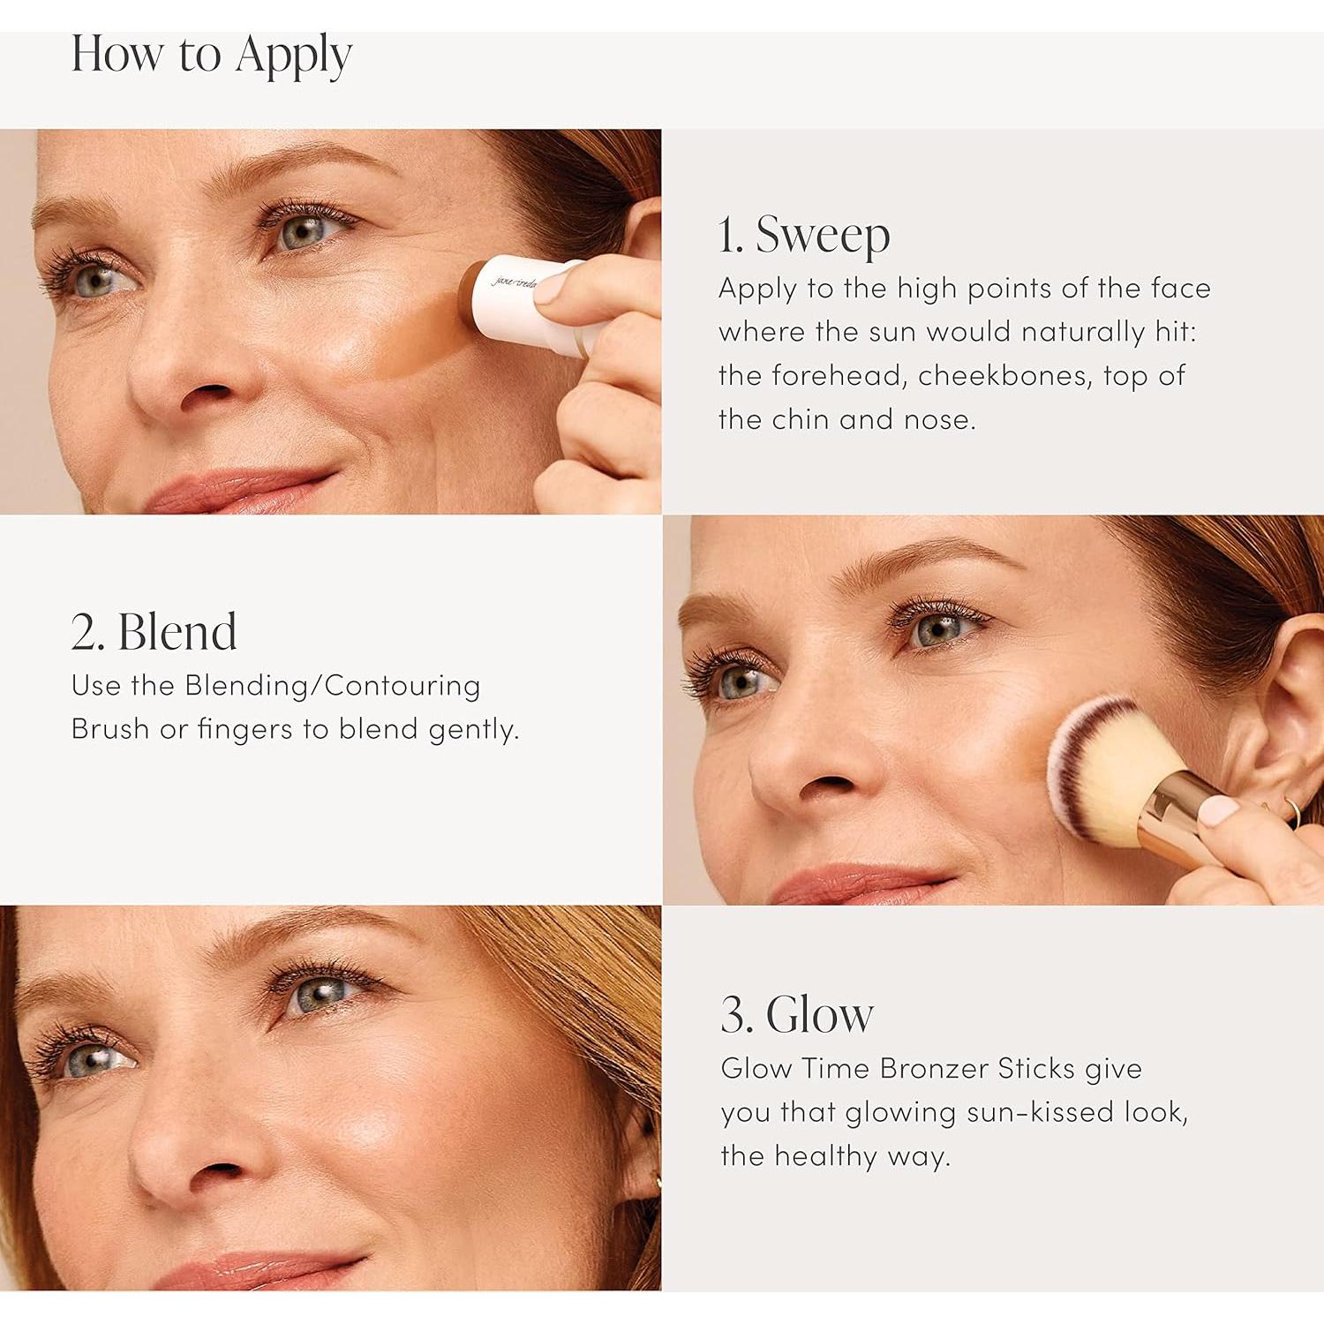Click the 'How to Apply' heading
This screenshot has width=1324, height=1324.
(211, 55)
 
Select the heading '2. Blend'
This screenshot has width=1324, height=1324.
(154, 632)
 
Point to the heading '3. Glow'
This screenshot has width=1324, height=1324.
(796, 1014)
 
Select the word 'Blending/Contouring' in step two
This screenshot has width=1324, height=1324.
(333, 686)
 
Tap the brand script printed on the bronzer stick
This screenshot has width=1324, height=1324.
(515, 282)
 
